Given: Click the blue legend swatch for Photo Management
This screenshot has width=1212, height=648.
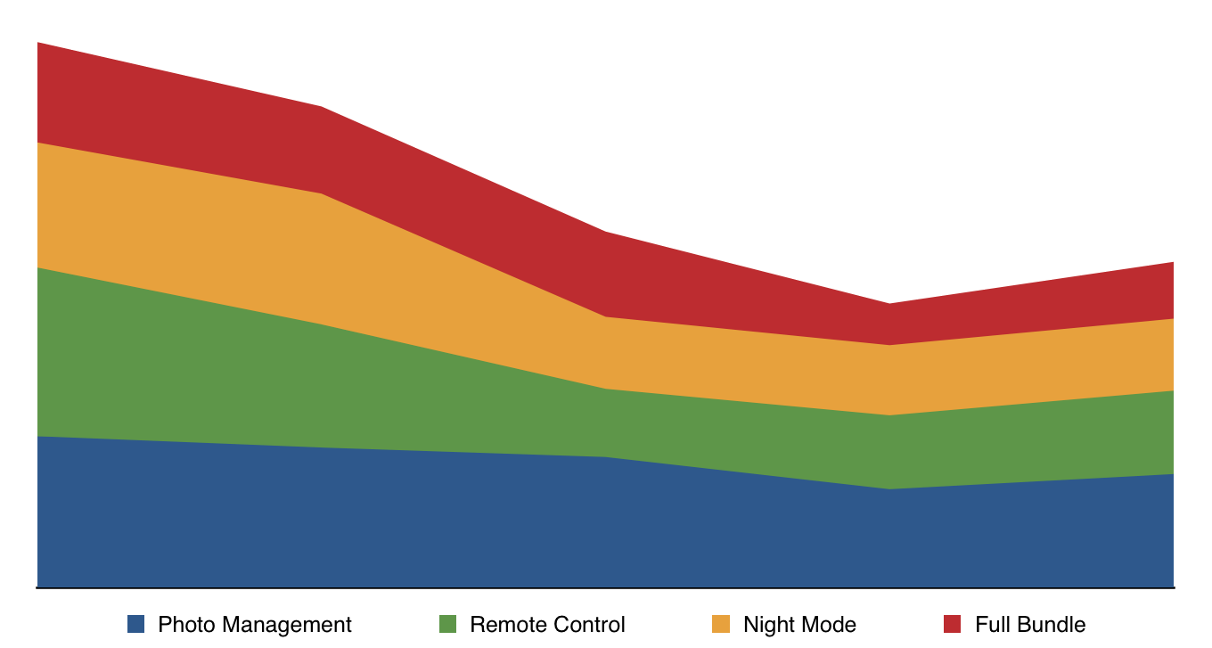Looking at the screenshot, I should point(135,625).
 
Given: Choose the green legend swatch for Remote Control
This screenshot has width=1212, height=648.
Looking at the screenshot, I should point(447,625).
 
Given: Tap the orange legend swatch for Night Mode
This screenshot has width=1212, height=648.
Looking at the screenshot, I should point(721,625).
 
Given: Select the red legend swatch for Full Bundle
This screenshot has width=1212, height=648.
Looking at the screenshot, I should point(953,625).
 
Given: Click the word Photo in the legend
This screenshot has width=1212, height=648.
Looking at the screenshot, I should point(184,625).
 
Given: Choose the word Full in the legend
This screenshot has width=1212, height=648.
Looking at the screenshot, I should point(992,625).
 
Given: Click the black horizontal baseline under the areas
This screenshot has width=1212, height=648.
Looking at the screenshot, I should point(606,588).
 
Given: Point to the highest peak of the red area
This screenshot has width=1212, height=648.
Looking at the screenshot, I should point(38,44).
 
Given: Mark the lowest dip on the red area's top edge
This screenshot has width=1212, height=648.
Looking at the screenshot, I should point(889,305).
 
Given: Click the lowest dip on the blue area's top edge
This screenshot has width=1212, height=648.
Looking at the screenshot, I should point(889,489).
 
